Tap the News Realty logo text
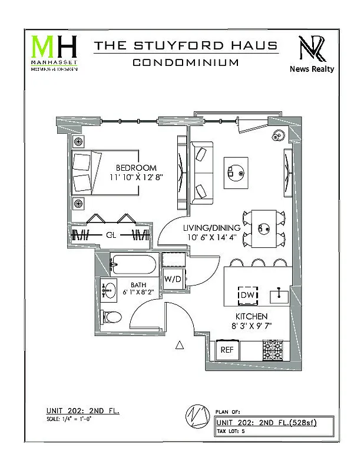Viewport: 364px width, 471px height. pyautogui.click(x=312, y=69)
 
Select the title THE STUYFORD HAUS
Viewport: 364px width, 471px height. pyautogui.click(x=186, y=45)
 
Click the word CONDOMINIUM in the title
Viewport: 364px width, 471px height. pyautogui.click(x=186, y=62)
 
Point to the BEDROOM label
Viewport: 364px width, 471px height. pyautogui.click(x=136, y=168)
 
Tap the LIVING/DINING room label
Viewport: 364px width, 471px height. pyautogui.click(x=211, y=228)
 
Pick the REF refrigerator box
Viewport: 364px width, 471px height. pyautogui.click(x=227, y=350)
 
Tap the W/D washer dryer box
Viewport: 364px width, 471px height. pyautogui.click(x=173, y=278)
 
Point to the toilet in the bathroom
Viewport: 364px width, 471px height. pyautogui.click(x=111, y=317)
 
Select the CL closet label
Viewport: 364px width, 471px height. pyautogui.click(x=110, y=235)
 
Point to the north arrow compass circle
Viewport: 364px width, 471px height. pyautogui.click(x=196, y=415)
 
